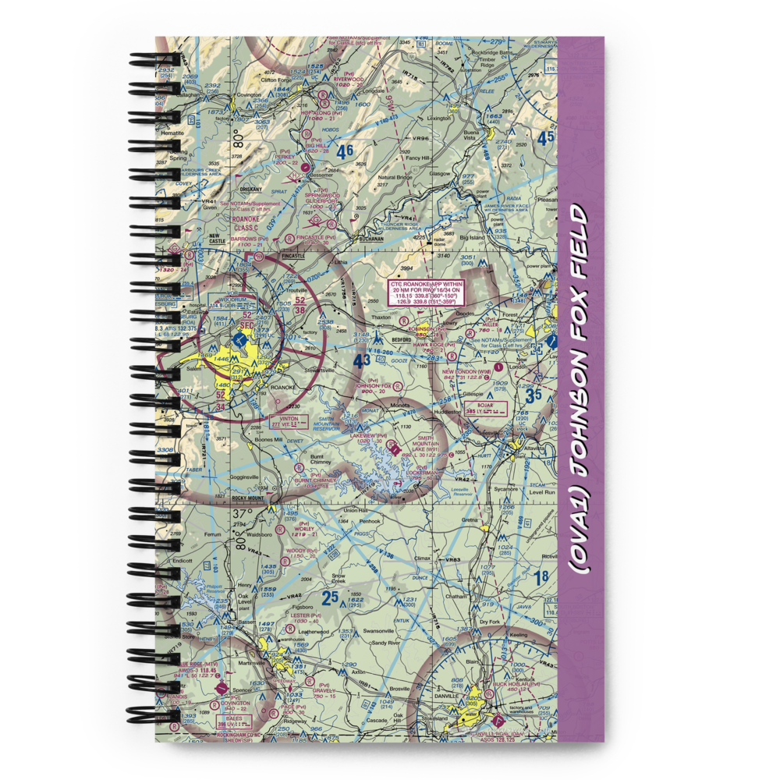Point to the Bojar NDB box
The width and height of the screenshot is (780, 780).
pyautogui.click(x=485, y=408)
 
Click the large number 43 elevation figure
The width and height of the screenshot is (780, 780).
pyautogui.click(x=361, y=361)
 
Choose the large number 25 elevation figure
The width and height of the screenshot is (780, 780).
pyautogui.click(x=331, y=598)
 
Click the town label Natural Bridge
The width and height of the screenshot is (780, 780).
pyautogui.click(x=395, y=178)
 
